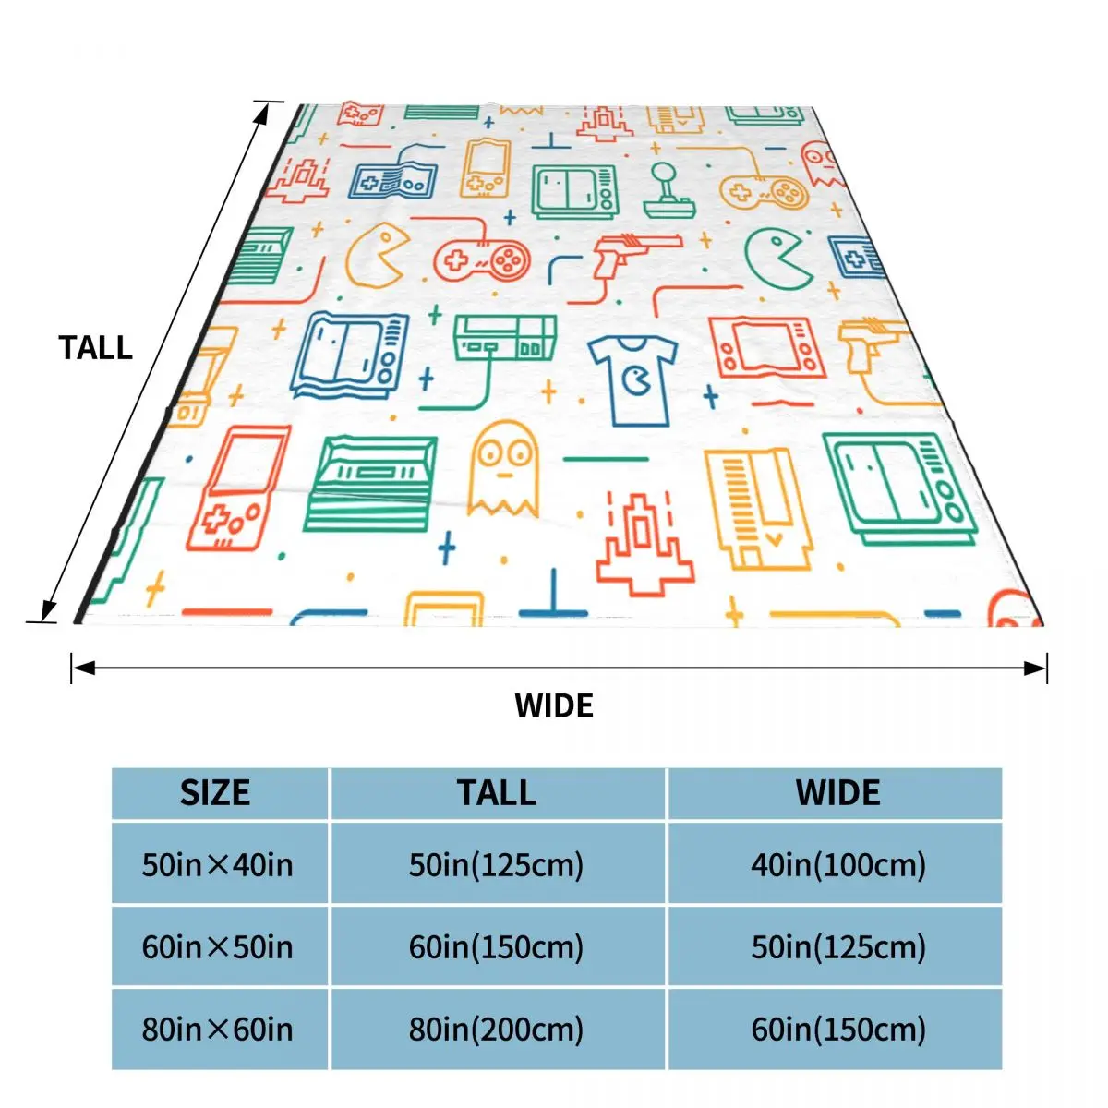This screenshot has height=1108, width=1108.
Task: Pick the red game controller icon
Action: pyautogui.click(x=482, y=258)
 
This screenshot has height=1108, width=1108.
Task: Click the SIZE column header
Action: pyautogui.click(x=215, y=793)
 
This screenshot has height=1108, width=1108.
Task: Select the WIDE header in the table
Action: pyautogui.click(x=837, y=793)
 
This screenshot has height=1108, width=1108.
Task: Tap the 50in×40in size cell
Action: pyautogui.click(x=217, y=865)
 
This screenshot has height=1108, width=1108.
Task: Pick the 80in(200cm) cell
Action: pyautogui.click(x=496, y=1029)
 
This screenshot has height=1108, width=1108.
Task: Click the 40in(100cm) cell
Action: pyautogui.click(x=837, y=865)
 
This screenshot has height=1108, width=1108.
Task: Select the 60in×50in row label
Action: pyautogui.click(x=217, y=947)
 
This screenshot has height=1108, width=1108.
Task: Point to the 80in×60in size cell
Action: pyautogui.click(x=217, y=1029)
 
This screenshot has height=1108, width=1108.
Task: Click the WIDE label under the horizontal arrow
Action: pyautogui.click(x=554, y=705)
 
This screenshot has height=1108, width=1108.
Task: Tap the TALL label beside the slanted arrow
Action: pyautogui.click(x=96, y=348)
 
